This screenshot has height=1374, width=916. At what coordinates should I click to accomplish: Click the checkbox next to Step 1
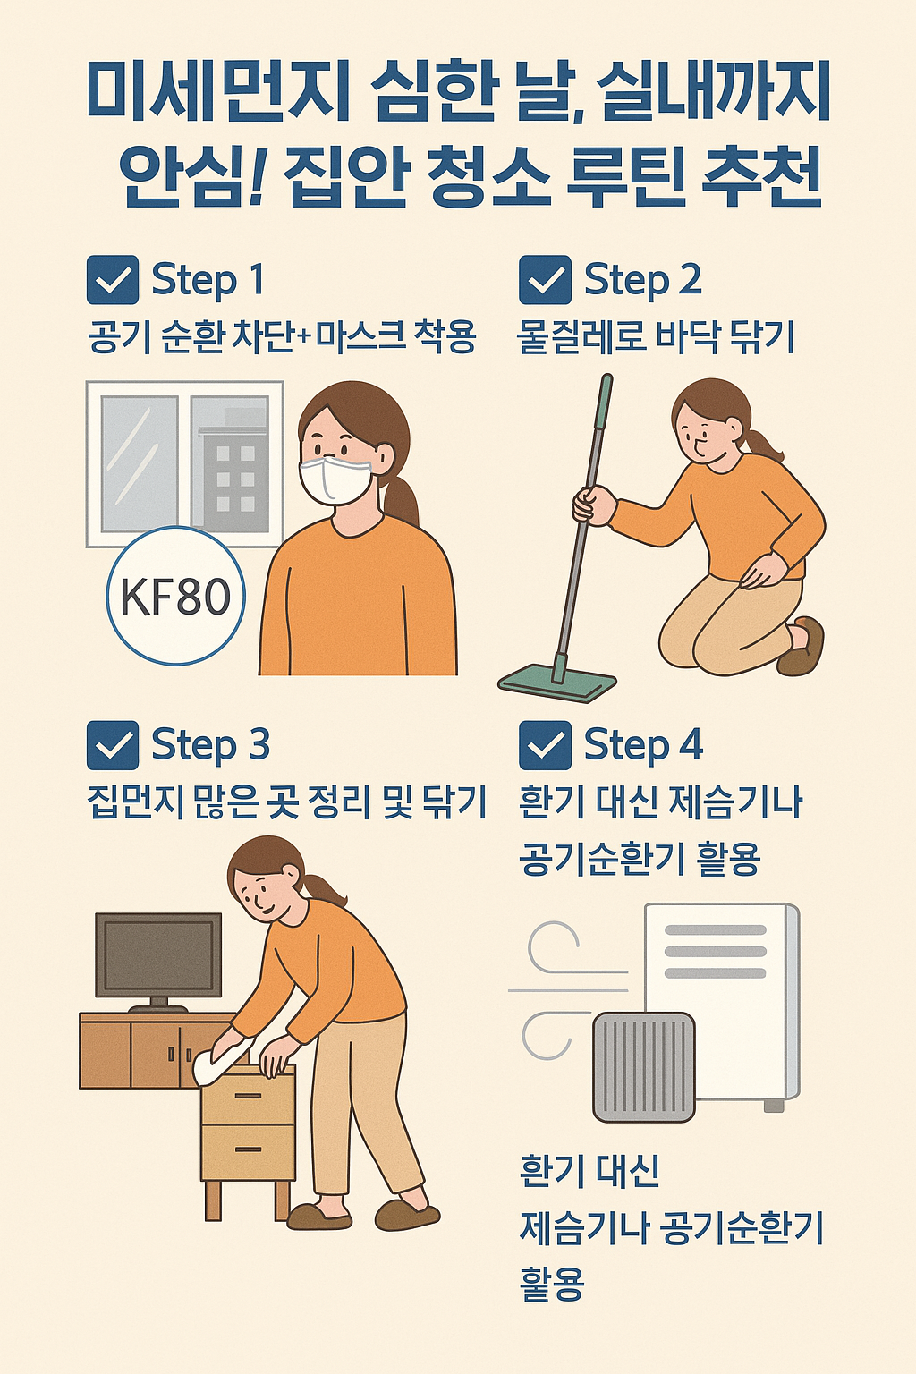pyautogui.click(x=113, y=280)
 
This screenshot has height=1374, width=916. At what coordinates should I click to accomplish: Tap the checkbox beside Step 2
pyautogui.click(x=545, y=280)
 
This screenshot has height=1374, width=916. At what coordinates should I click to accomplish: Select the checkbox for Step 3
pyautogui.click(x=113, y=745)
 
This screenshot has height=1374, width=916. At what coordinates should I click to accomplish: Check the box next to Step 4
pyautogui.click(x=545, y=745)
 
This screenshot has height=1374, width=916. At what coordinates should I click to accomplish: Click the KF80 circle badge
pyautogui.click(x=176, y=596)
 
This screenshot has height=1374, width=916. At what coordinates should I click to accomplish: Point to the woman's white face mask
pyautogui.click(x=335, y=480)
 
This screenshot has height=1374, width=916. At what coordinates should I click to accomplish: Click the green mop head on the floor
pyautogui.click(x=557, y=683)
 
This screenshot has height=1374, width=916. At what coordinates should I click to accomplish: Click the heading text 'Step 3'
pyautogui.click(x=210, y=745)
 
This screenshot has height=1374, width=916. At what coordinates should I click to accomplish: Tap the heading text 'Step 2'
pyautogui.click(x=643, y=280)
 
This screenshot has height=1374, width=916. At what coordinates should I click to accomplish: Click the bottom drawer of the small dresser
pyautogui.click(x=249, y=1152)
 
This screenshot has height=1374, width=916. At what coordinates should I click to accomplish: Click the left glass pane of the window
pyautogui.click(x=140, y=463)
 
